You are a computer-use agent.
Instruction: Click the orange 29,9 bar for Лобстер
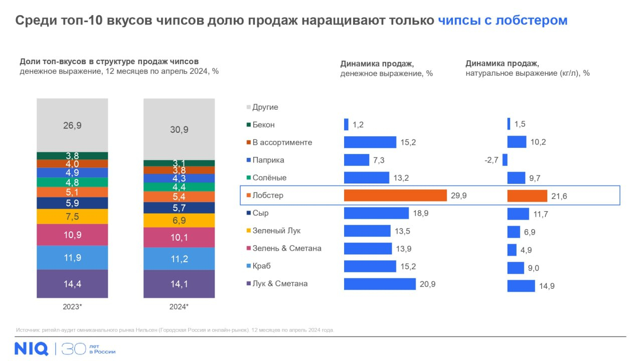click(395, 196)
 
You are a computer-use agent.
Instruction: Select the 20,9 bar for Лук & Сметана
click(380, 284)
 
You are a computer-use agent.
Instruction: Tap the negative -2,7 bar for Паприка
click(505, 160)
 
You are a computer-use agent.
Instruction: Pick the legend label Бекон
click(263, 125)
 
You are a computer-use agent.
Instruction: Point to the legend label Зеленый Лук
click(276, 231)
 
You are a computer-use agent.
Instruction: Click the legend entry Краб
click(261, 266)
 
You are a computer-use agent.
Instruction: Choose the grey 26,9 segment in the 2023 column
click(72, 125)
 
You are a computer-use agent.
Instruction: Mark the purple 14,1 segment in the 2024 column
click(179, 284)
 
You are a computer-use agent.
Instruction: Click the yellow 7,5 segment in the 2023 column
click(72, 217)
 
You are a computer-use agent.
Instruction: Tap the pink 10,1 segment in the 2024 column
click(179, 237)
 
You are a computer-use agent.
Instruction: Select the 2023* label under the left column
click(72, 306)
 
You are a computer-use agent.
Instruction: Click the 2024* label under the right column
click(179, 306)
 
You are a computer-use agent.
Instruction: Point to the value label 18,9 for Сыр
click(421, 213)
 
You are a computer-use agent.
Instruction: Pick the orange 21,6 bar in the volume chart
click(527, 196)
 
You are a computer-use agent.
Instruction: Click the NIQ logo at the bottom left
click(31, 348)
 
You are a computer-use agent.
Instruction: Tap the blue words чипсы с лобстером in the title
click(503, 21)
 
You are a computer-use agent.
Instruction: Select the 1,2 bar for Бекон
click(346, 124)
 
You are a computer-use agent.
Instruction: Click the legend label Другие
click(265, 107)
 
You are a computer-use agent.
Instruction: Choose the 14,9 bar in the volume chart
click(521, 286)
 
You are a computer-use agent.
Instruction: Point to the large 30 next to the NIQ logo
click(73, 348)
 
